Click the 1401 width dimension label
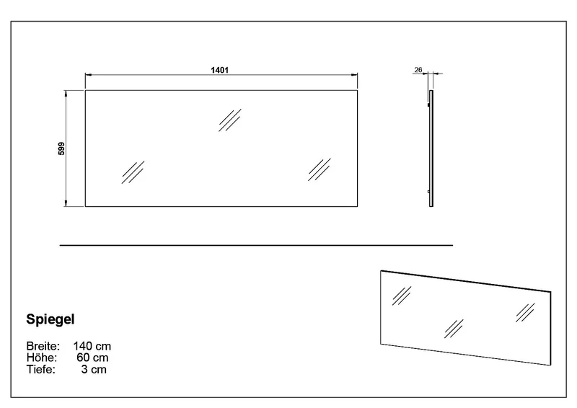tap(220, 70)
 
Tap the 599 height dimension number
tap(61, 148)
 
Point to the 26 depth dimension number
tap(418, 69)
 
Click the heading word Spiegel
tap(50, 319)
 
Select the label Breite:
tap(43, 346)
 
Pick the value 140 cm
tap(92, 346)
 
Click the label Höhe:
tap(42, 358)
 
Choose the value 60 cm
tap(93, 358)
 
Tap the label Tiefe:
tap(41, 369)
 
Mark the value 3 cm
tap(94, 369)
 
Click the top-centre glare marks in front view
tap(230, 120)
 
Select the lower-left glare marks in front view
tap(133, 172)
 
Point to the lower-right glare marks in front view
tap(320, 169)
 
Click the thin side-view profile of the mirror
tap(431, 148)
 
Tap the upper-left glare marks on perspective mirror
tap(402, 296)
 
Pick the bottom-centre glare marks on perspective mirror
tap(454, 329)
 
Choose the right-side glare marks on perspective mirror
tap(525, 313)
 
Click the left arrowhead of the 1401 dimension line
tap(88, 75)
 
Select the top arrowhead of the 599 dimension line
tap(66, 94)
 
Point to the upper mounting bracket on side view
tap(428, 105)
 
